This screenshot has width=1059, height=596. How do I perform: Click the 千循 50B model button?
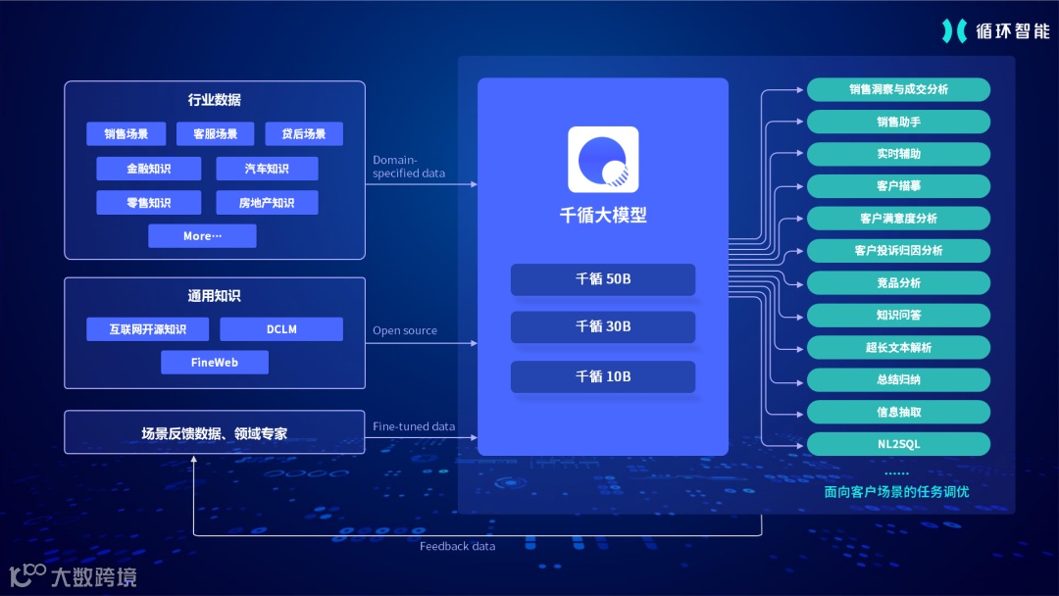click(602, 279)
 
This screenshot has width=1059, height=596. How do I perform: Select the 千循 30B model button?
click(602, 326)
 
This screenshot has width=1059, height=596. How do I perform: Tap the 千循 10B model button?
click(602, 377)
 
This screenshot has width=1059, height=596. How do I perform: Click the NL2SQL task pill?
click(898, 444)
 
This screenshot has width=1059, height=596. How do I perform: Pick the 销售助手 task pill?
click(898, 122)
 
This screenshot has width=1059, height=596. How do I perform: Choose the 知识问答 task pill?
click(898, 315)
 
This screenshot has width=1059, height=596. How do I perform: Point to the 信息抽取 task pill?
click(898, 412)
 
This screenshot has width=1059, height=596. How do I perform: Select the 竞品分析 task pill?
click(898, 282)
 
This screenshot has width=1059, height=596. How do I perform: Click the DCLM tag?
click(281, 329)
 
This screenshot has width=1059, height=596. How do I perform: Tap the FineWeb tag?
click(215, 363)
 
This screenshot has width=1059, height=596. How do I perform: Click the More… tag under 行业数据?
click(202, 236)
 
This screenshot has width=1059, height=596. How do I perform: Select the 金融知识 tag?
click(148, 169)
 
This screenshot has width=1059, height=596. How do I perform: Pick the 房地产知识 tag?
click(267, 203)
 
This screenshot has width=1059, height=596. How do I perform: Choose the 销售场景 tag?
click(126, 134)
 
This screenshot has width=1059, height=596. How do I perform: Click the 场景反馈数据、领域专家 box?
click(214, 432)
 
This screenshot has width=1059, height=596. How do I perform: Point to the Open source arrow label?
click(405, 331)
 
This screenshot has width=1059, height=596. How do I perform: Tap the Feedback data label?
click(457, 546)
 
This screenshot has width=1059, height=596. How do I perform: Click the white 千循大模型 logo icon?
click(603, 160)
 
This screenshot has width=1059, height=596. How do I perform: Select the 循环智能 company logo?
click(994, 30)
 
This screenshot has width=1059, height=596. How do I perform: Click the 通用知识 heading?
click(214, 296)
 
